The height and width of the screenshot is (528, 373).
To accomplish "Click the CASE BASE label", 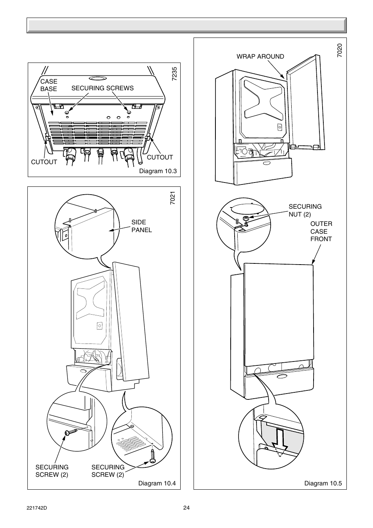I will click(x=48, y=85).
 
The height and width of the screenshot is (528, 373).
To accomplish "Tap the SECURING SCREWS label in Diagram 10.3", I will click(x=102, y=88).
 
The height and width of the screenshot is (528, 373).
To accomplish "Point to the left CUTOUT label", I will click(x=44, y=162).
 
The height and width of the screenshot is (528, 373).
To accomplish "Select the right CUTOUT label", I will click(x=160, y=158).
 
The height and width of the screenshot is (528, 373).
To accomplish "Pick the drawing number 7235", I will click(x=174, y=74).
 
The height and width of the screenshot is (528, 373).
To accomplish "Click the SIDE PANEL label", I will click(x=142, y=226).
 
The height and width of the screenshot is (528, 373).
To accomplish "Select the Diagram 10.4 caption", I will click(x=157, y=483).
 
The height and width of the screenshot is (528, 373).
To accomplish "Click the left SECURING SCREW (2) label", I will click(x=52, y=471).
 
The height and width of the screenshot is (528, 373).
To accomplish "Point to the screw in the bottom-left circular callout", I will click(x=69, y=432).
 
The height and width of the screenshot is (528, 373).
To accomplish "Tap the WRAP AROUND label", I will click(x=260, y=57).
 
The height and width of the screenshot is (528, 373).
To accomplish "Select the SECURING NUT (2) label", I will click(x=305, y=210).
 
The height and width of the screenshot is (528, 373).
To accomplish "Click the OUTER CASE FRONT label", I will click(x=321, y=231).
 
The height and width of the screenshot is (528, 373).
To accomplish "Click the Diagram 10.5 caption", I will click(x=323, y=483).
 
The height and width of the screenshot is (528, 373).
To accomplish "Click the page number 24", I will click(x=186, y=508).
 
